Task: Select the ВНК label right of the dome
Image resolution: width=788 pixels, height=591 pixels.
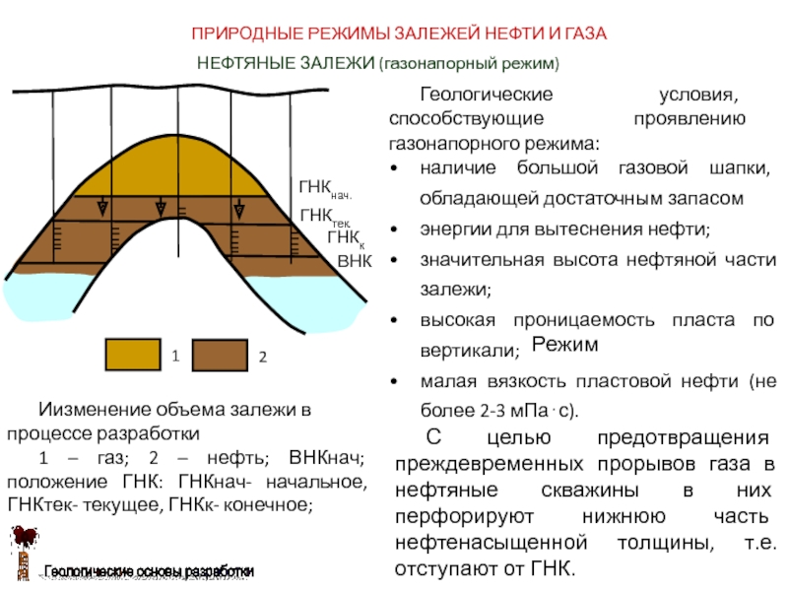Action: click(x=354, y=263)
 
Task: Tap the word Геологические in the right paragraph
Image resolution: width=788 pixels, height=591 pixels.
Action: click(x=487, y=96)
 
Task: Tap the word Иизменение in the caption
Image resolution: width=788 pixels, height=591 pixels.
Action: click(x=98, y=409)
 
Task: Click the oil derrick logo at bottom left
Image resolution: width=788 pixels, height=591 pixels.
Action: click(x=22, y=550)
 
